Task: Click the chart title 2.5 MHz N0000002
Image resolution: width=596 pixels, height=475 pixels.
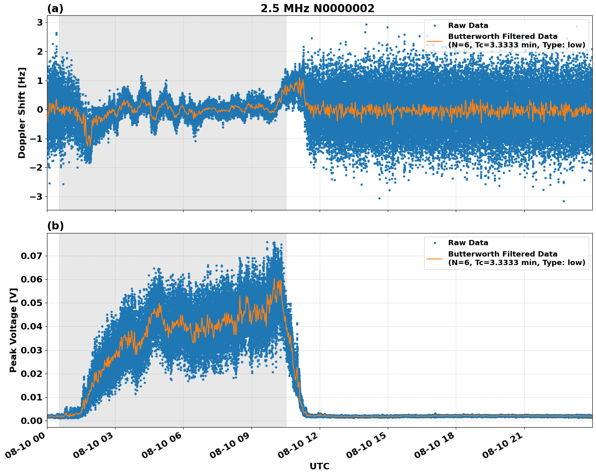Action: pos(317,9)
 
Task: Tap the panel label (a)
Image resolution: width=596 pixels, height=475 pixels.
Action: pos(56,9)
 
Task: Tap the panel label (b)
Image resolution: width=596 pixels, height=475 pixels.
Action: pos(56,226)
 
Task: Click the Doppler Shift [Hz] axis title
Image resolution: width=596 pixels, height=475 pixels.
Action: pos(22,113)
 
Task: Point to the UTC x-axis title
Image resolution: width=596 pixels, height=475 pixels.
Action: pos(319,466)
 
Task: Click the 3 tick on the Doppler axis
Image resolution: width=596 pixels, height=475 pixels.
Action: pos(40,22)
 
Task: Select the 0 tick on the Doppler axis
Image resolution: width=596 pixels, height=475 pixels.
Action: pos(40,110)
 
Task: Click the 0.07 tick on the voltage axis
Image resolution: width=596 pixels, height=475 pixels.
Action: pos(32,256)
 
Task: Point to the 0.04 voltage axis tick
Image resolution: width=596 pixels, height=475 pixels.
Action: pos(32,327)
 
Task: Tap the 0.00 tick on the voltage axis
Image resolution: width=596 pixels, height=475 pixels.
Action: pos(32,421)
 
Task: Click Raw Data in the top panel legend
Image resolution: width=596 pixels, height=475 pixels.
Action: pos(468,26)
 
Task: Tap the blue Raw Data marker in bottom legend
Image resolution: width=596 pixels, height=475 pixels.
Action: pos(435,243)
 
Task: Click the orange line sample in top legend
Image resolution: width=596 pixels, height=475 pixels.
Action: pos(435,41)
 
